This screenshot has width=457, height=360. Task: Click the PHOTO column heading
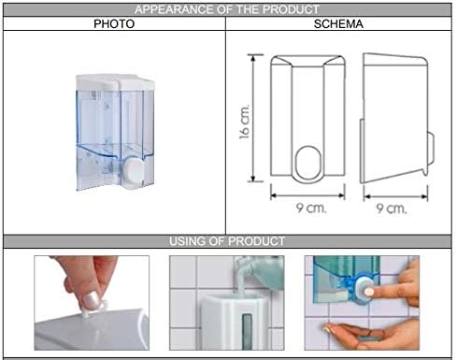(114, 24)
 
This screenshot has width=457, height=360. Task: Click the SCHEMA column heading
(338, 24)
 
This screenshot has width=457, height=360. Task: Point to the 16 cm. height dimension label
(245, 122)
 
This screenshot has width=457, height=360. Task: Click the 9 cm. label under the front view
(311, 208)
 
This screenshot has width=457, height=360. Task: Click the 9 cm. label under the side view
(392, 209)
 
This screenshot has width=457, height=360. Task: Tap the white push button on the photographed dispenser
(135, 169)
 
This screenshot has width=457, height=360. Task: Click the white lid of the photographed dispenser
(115, 82)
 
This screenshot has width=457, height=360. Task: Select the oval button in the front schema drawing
(307, 163)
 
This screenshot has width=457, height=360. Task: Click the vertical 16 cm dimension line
(253, 118)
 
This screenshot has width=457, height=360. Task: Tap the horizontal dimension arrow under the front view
(307, 195)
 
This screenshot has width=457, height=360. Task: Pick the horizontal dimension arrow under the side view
(395, 196)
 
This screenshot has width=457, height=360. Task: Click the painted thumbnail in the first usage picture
(92, 300)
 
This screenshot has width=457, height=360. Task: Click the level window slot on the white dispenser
(247, 331)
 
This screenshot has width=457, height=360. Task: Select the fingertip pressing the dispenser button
(369, 292)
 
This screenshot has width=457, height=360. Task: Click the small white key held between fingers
(93, 309)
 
